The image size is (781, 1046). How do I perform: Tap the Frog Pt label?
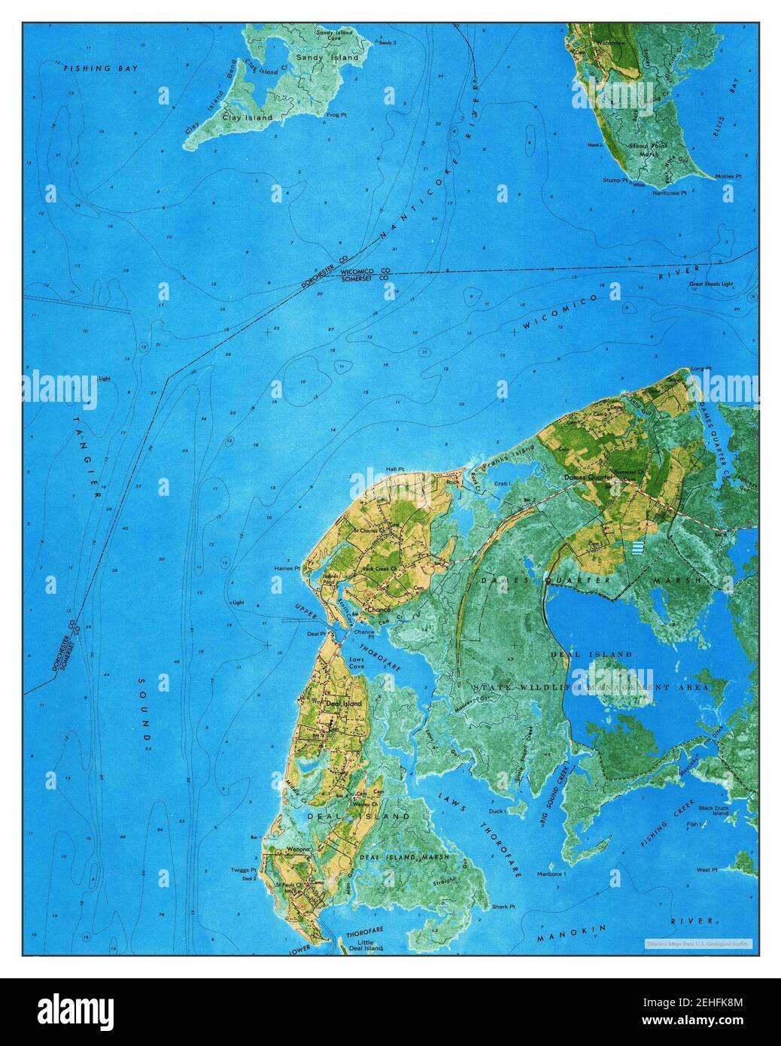point(336,115)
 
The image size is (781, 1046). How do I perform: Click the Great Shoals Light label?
point(711,284)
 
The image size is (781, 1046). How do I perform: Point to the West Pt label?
point(707,870)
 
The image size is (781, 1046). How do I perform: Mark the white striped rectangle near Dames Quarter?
point(639,547)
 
